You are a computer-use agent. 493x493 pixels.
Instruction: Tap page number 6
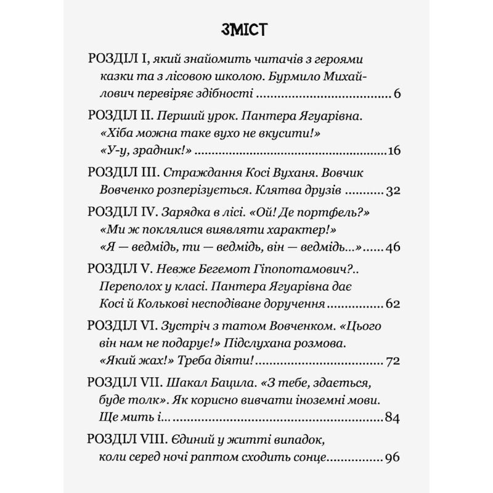coord(397,94)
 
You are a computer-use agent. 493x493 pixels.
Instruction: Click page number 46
coord(393,248)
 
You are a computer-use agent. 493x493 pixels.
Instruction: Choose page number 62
coord(393,304)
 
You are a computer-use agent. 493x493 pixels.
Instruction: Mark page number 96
coord(393,457)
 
